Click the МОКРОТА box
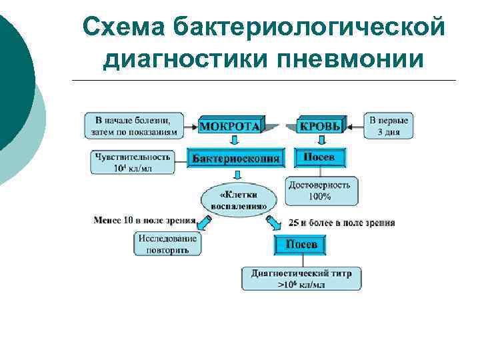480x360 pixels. (231, 125)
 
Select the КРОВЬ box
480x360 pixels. (320, 125)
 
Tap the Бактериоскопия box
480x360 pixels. (236, 158)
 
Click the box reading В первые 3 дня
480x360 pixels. (389, 125)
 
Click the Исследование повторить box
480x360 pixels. (168, 244)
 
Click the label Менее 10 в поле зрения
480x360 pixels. (145, 219)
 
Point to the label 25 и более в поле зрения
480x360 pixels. (341, 222)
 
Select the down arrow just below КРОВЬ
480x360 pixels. (321, 140)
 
